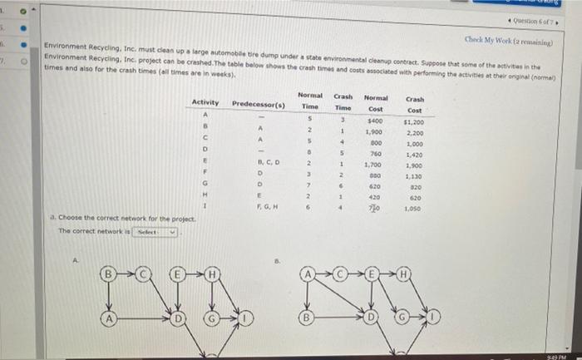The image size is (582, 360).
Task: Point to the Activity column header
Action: coord(205,102)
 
